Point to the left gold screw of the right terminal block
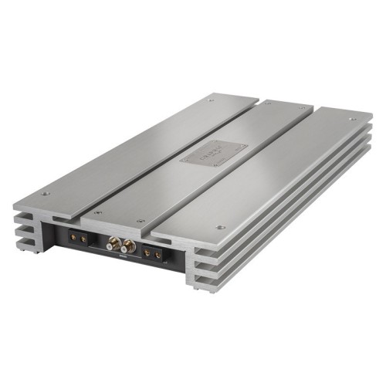[147, 254]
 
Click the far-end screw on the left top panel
[211, 100]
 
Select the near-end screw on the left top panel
[45, 193]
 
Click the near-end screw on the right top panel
[222, 227]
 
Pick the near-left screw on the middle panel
[96, 212]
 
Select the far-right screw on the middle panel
[303, 109]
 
